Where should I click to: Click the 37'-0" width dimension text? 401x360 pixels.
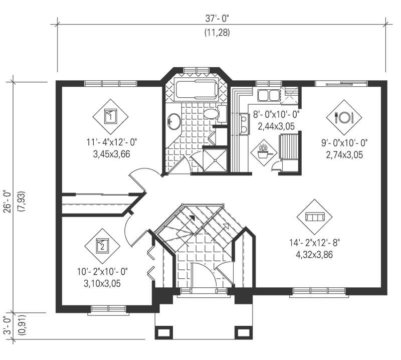[221, 19]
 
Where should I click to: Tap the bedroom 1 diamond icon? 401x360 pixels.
[111, 117]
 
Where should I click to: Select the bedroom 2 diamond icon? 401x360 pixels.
[102, 246]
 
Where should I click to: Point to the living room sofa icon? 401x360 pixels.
[315, 217]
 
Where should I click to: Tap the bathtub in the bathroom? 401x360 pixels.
[196, 90]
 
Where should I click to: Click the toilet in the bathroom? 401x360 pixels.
[214, 114]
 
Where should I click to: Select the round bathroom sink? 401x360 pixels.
[174, 121]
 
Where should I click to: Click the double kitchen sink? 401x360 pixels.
[269, 95]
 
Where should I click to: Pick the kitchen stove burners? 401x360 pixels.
[244, 124]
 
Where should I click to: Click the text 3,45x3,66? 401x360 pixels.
[111, 154]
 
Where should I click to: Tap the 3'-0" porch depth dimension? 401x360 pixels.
[7, 326]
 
